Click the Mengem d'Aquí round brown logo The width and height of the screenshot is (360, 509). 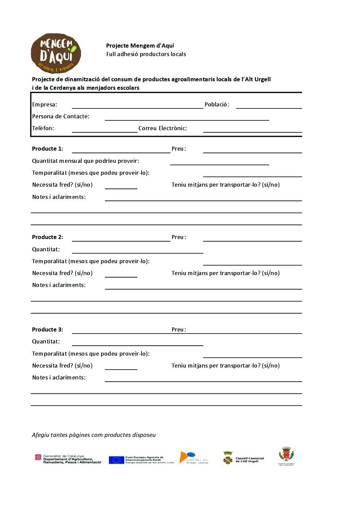(56, 53)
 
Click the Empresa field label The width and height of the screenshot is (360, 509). (45, 105)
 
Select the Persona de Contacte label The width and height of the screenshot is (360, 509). (61, 117)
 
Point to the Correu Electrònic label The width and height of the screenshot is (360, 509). (163, 129)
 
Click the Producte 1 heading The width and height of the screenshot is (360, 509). (47, 149)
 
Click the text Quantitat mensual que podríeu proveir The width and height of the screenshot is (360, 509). (85, 161)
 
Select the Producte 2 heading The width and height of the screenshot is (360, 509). (47, 237)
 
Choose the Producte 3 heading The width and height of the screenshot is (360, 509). (47, 330)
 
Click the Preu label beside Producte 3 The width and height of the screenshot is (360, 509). (179, 330)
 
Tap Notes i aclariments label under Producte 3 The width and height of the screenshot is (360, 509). (59, 378)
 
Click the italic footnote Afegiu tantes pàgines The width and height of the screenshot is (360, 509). (94, 435)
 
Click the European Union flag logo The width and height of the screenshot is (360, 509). (116, 460)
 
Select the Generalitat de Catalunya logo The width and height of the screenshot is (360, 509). (68, 459)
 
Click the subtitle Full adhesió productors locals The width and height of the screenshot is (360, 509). (146, 54)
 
